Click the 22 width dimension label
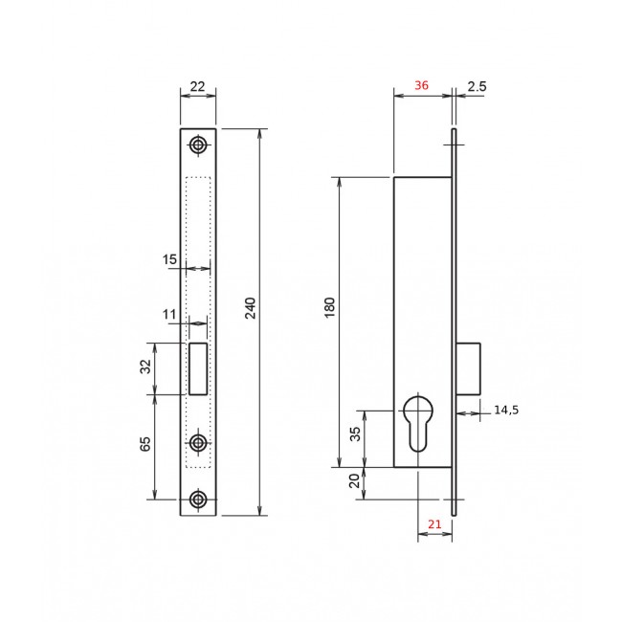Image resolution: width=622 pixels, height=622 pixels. tap(197, 86)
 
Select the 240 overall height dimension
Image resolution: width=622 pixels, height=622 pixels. tap(251, 308)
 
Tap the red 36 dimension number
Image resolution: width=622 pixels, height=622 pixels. tap(421, 85)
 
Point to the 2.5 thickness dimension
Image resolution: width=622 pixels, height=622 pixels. tap(477, 86)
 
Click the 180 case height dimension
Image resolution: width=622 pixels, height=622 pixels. tap(330, 307)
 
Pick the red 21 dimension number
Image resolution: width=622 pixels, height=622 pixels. tap(434, 524)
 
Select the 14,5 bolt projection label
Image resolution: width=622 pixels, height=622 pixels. tap(506, 410)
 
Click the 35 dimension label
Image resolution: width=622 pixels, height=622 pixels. tap(356, 434)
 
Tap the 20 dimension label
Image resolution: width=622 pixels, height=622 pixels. tap(355, 480)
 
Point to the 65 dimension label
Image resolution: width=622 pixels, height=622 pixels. tap(145, 444)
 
